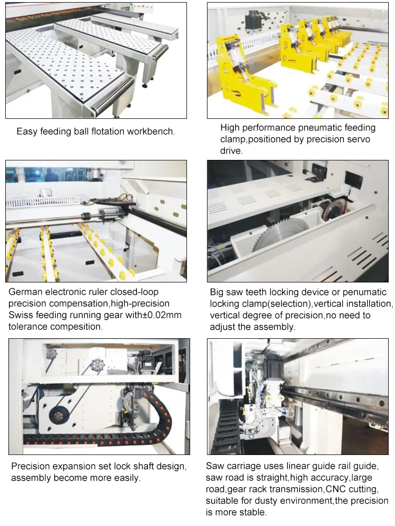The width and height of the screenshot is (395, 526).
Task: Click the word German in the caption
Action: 24,292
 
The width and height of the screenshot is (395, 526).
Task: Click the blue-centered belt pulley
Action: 56,416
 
